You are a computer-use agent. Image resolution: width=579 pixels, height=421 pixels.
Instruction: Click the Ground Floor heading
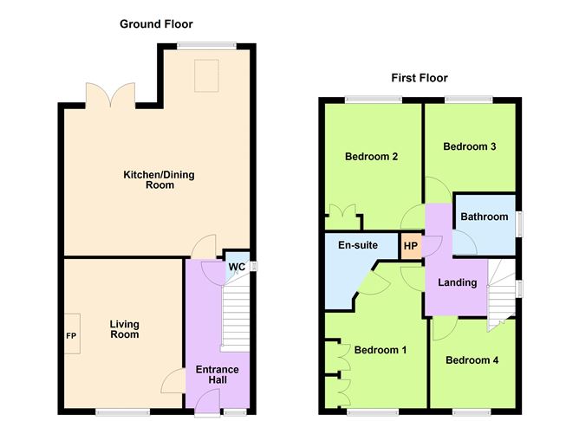pos(156,24)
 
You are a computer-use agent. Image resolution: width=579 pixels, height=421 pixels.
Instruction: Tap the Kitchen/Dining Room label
pos(158,179)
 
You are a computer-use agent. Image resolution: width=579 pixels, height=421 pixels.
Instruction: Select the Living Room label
pos(124,330)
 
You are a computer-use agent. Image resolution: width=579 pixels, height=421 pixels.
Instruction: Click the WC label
pos(236,266)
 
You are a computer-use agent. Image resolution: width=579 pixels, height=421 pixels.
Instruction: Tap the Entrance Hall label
pos(216,375)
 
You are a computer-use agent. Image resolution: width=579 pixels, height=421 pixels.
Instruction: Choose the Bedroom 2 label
pos(371,157)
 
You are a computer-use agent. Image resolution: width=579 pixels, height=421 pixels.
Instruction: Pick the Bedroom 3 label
pos(469,146)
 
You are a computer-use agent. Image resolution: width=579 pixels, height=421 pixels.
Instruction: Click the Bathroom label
pos(483,217)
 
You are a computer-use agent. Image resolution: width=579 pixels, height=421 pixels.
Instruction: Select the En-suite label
pos(358,245)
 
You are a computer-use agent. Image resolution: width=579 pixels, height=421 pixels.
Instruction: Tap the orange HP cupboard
pos(411,245)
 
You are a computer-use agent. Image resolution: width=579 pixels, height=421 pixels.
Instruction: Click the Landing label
pos(458,282)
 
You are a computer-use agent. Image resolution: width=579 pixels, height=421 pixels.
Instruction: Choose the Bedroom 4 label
pos(472,359)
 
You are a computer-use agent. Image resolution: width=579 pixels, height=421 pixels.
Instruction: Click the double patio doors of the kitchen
pos(111,94)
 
